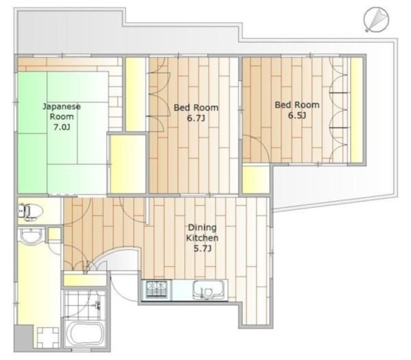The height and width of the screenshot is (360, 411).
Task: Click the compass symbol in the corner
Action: point(376,20)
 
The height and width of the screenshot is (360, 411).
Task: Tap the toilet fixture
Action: point(30,211)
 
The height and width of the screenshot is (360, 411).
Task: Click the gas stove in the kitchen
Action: point(157,289)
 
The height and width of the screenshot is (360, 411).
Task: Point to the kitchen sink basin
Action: point(209,289)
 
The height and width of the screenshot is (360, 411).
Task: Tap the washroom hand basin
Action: point(31,236)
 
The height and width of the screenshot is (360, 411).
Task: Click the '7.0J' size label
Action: point(62,127)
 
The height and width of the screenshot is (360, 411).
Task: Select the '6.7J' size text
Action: point(196,119)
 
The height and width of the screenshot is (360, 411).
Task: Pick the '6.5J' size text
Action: point(297,116)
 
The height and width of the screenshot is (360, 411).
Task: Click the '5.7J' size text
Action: point(202,248)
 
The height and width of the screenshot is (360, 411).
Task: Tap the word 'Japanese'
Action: point(62,107)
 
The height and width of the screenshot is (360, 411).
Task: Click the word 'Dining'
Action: point(202,228)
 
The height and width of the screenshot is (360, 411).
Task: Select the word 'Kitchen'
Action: point(202,238)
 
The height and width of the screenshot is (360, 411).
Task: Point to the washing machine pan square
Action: point(48,338)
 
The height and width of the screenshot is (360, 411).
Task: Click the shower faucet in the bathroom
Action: point(98,305)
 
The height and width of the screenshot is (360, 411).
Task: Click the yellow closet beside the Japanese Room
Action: point(127,164)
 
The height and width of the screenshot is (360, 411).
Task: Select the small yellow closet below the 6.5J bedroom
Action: point(256,180)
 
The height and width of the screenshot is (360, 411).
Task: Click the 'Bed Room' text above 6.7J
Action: point(196,108)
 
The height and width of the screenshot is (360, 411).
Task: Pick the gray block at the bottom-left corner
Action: point(24,338)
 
